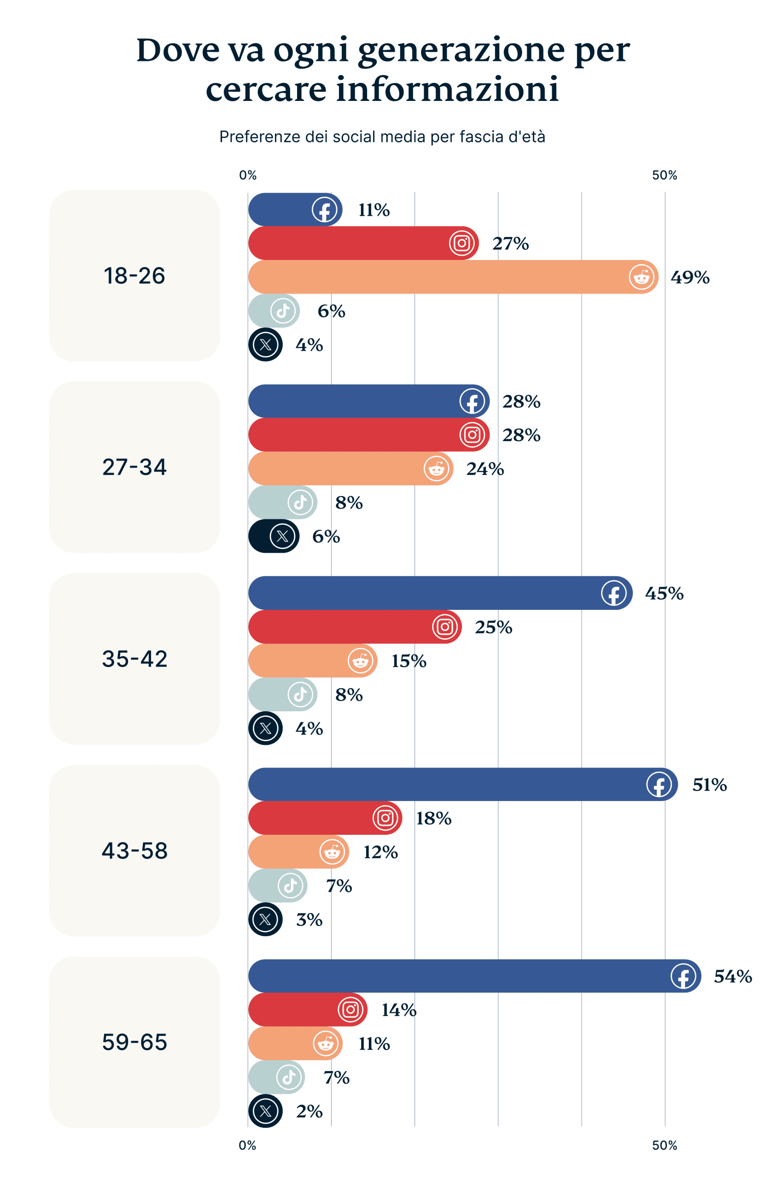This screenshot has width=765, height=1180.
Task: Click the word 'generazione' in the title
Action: [461, 51]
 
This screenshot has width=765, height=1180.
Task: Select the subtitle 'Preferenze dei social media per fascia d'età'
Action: [382, 136]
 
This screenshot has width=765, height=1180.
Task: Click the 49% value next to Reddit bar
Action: [689, 277]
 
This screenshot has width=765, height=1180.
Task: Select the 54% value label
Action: [732, 976]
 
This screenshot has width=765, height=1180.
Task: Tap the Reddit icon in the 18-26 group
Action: [641, 277]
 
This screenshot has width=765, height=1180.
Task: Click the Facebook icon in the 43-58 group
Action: [659, 785]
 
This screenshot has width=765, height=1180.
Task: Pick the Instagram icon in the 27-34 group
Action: [472, 435]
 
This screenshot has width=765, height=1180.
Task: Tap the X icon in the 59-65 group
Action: [266, 1110]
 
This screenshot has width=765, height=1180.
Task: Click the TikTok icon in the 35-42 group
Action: [300, 694]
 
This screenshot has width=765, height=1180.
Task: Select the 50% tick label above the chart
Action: [664, 175]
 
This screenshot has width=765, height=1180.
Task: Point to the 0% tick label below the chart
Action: [247, 1145]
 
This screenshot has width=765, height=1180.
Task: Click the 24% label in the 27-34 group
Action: [485, 468]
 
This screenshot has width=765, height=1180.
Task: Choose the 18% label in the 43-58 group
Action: [433, 818]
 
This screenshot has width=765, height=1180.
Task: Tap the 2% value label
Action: [309, 1111]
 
